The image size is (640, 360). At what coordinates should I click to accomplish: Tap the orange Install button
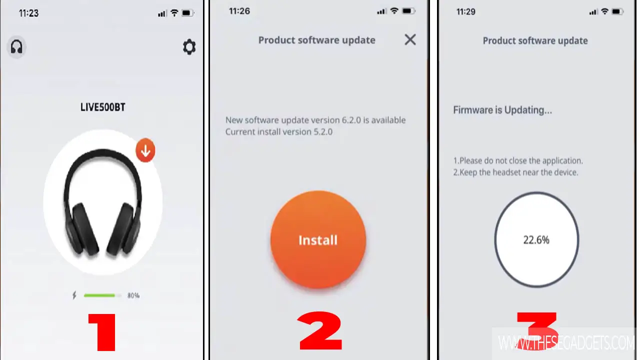pos(318,239)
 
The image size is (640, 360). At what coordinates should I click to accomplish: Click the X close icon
pos(410,39)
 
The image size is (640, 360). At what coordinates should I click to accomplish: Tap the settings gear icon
pos(189,47)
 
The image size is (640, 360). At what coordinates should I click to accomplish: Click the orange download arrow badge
pos(145,150)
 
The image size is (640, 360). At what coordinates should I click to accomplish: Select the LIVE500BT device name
pos(102,107)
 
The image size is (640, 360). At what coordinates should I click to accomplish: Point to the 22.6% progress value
pos(536,240)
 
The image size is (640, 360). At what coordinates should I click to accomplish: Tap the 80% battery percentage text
pos(133,295)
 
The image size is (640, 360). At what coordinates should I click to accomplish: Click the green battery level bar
pos(99,295)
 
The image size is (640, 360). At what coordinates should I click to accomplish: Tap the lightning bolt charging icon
pos(74,295)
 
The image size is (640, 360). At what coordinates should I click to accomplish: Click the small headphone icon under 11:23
pos(16,47)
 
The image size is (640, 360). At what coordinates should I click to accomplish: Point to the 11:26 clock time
pos(239,11)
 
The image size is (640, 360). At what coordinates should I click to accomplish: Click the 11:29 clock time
pos(465,11)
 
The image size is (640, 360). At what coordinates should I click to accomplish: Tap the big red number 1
pos(102,332)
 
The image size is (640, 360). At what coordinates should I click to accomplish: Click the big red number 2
pos(320,330)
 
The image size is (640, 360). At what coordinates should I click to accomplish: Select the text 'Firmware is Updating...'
pos(502,110)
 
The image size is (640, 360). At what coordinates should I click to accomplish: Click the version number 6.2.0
pos(351,120)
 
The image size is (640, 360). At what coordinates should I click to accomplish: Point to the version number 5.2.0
pos(323,132)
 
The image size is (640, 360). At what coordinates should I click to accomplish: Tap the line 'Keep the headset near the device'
pos(515,172)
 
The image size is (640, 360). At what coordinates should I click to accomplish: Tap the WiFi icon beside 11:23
pos(174,13)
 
